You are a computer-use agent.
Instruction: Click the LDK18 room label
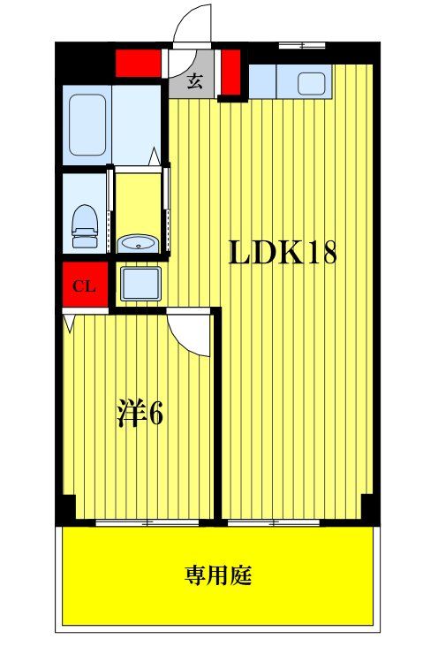[x=283, y=253]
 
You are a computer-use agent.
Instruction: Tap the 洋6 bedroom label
[x=140, y=413]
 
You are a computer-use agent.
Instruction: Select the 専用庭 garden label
[x=218, y=575]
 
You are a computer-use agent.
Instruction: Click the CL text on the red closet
[x=84, y=286]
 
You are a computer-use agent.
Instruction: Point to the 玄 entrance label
[x=194, y=80]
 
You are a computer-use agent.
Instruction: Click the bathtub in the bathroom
[x=87, y=125]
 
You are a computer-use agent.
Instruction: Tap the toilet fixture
[x=85, y=226]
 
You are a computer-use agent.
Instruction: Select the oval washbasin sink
[x=137, y=244]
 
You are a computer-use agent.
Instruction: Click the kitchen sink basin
[x=312, y=83]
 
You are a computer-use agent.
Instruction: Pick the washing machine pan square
[x=140, y=284]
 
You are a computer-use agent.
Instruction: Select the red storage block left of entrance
[x=139, y=64]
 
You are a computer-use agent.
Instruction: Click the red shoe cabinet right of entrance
[x=230, y=72]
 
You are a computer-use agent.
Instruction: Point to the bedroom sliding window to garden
[x=147, y=522]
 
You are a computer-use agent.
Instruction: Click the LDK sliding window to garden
[x=274, y=522]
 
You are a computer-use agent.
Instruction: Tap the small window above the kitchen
[x=302, y=45]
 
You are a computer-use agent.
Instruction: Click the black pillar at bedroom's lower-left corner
[x=66, y=510]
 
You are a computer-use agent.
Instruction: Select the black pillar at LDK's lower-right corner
[x=370, y=510]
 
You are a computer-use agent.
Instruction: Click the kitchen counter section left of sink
[x=262, y=81]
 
